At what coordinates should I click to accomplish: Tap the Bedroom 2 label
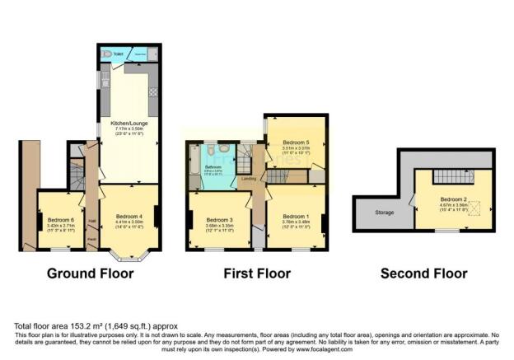click(451, 199)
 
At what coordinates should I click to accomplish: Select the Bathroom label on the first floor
click(213, 167)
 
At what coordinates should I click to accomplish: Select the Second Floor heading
click(423, 273)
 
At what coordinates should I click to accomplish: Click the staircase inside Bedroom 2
click(452, 176)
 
